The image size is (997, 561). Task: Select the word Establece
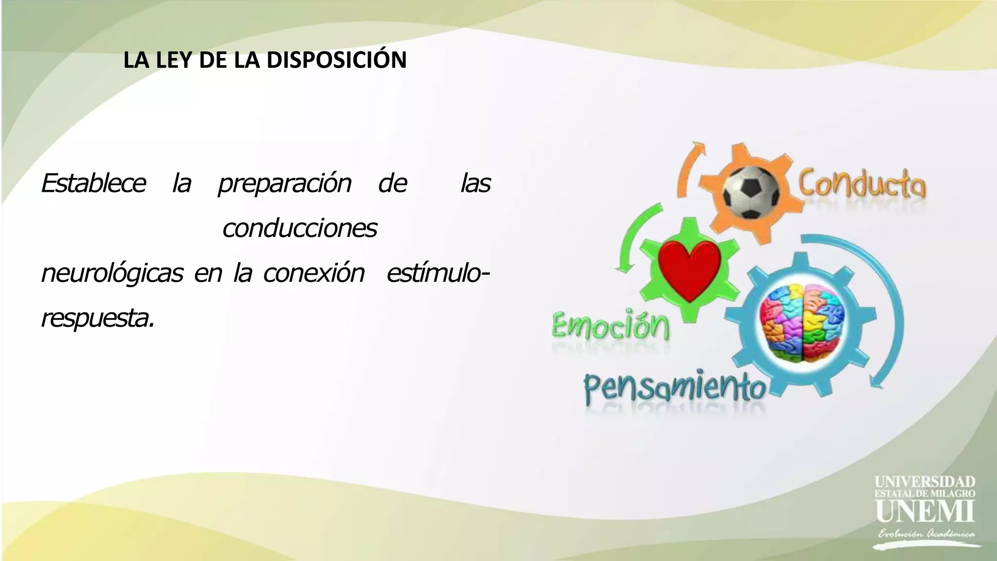(x=93, y=184)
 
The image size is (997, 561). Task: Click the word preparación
(x=284, y=184)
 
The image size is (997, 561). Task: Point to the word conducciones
(x=299, y=228)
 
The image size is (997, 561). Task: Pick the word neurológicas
(x=112, y=273)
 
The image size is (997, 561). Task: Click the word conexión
(x=314, y=273)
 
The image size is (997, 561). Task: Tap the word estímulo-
(x=438, y=273)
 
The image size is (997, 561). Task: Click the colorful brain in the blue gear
(x=802, y=323)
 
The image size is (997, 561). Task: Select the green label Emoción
(x=610, y=325)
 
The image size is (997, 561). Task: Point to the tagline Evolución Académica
(x=926, y=534)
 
